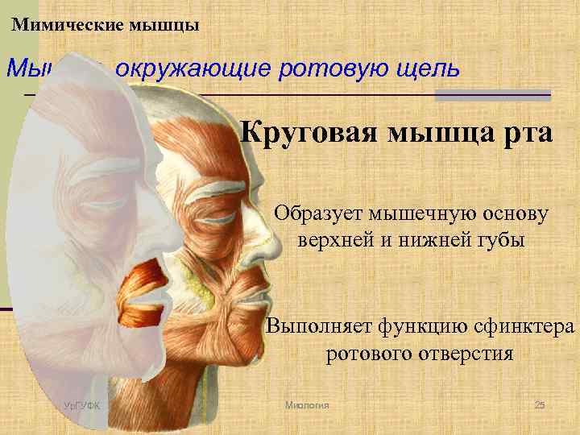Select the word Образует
318,215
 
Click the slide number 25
540,404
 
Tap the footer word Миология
308,404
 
